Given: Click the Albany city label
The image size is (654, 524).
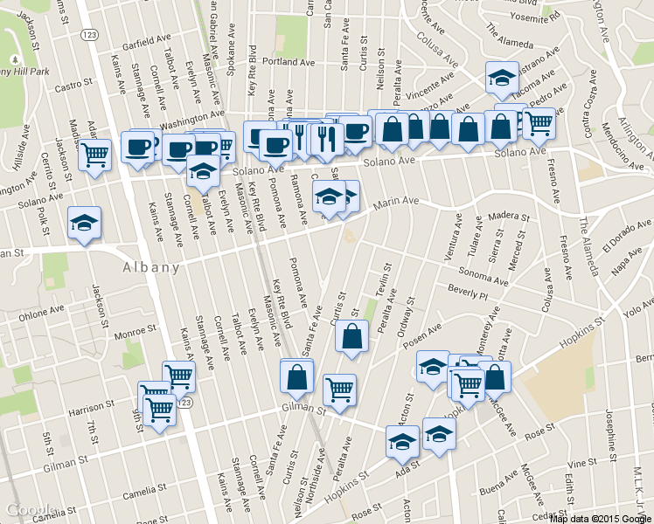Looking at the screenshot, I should pyautogui.click(x=151, y=267).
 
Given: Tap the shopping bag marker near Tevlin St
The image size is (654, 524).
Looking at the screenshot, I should pyautogui.click(x=351, y=336).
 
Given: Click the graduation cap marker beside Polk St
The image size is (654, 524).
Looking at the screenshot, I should pyautogui.click(x=84, y=224).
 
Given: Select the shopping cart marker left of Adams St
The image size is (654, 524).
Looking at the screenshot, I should pyautogui.click(x=95, y=155).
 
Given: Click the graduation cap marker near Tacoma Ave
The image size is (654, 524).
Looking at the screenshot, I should pyautogui.click(x=501, y=77).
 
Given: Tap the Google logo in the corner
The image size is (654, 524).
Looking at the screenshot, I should pyautogui.click(x=29, y=511).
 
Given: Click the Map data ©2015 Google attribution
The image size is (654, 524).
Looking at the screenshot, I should pyautogui.click(x=600, y=518).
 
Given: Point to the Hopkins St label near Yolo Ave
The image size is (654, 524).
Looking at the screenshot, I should pyautogui.click(x=588, y=333).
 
